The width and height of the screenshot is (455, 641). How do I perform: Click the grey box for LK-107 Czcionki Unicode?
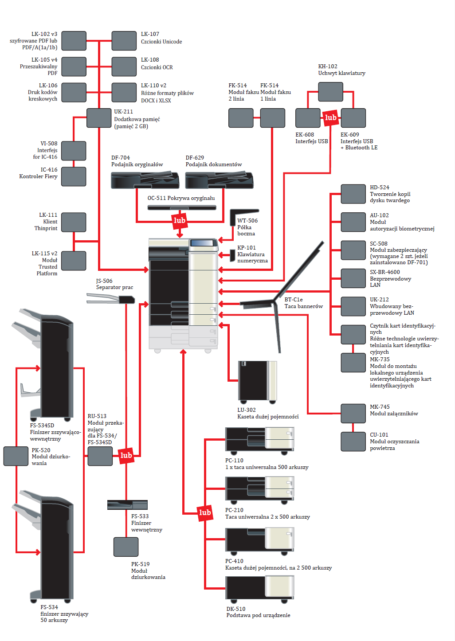[124, 41]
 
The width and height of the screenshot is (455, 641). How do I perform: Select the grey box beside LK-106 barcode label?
[74, 92]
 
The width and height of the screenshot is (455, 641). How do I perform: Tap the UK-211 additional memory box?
[98, 118]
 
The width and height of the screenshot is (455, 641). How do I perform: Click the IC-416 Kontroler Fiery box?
[74, 176]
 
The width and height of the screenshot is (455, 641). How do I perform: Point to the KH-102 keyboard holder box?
[330, 92]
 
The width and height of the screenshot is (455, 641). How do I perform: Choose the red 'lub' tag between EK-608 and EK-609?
[330, 117]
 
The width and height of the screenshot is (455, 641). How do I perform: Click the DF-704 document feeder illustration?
[145, 180]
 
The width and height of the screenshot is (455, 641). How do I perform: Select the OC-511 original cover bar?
[182, 207]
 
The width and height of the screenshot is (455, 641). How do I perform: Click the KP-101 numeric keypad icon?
[232, 255]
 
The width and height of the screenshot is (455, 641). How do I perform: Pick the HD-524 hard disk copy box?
[353, 194]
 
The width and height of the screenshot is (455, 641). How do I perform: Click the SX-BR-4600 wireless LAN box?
[353, 278]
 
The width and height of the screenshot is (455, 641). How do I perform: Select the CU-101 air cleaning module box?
[353, 442]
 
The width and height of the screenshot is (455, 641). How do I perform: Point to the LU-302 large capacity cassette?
[257, 381]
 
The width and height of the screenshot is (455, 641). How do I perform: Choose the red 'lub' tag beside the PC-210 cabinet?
[205, 513]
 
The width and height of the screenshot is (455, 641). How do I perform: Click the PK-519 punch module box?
[126, 547]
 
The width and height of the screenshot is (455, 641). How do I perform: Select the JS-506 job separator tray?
[111, 300]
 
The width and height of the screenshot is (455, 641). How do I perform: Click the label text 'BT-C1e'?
[294, 300]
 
